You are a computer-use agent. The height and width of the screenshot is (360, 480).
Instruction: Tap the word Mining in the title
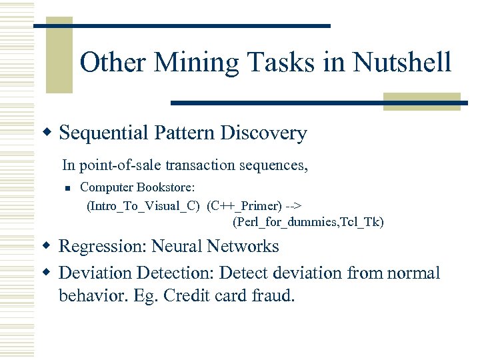pos(193,63)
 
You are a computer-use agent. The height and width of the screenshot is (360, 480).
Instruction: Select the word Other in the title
pos(114,63)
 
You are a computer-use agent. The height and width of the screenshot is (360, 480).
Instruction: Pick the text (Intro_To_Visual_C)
pos(143,205)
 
